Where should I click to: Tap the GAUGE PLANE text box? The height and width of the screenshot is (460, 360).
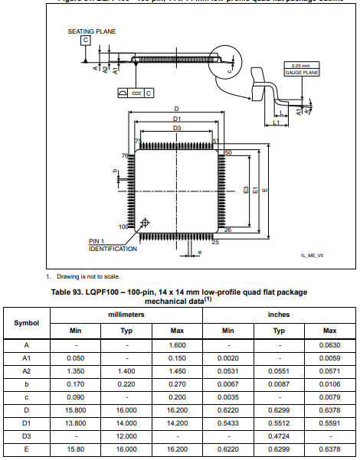coord(301,72)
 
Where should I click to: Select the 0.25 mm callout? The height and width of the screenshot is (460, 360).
coord(301,65)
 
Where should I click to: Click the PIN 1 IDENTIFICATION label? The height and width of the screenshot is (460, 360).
coord(113,246)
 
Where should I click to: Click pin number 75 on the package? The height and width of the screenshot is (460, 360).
coord(138,142)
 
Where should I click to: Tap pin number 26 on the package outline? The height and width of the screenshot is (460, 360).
coord(227,229)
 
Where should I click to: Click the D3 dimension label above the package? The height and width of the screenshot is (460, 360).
coord(176,129)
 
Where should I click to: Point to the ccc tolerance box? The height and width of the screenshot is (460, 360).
coord(136,93)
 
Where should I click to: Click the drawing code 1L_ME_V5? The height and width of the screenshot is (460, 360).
coord(312,256)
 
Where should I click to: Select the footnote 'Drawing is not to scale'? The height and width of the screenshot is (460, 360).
coord(87,276)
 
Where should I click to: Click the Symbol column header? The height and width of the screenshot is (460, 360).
coord(27,323)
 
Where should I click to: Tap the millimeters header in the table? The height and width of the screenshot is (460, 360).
coord(127,315)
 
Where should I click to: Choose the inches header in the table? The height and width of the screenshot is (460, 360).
coord(279,315)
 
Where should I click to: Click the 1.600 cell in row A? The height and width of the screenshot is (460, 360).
coord(177,345)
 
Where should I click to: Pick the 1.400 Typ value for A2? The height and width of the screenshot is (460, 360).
coord(127,370)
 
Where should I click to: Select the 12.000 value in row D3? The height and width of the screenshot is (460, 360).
coord(127,434)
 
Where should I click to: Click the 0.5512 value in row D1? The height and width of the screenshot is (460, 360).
coord(279,422)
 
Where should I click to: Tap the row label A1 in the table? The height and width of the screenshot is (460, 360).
coord(27,358)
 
